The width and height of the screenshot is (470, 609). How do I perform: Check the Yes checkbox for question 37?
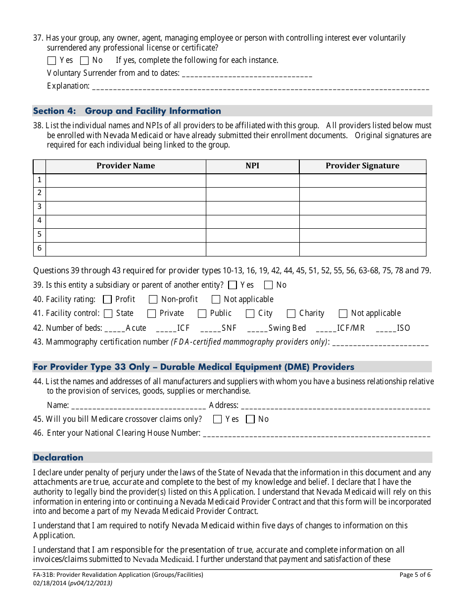(51, 61)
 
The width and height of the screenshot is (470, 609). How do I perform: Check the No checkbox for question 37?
(84, 61)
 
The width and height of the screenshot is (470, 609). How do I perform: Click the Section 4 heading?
(127, 111)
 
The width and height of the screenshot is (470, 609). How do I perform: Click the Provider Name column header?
(126, 166)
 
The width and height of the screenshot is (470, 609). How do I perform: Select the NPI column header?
(252, 166)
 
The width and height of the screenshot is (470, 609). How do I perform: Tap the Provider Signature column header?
(362, 166)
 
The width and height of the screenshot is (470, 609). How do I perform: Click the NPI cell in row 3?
(252, 207)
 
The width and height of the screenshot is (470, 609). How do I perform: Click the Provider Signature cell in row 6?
(362, 249)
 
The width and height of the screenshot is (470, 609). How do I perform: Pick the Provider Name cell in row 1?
(126, 180)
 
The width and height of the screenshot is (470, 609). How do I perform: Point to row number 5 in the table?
(40, 235)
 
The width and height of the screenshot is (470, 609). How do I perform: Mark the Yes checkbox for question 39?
(233, 285)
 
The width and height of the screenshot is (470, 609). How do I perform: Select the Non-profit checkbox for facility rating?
(153, 300)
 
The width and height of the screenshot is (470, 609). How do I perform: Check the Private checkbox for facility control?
(151, 313)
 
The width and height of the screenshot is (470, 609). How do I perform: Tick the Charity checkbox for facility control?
(291, 313)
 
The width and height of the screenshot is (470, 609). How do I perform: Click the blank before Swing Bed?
(257, 328)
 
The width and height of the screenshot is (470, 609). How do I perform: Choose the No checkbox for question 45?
(250, 419)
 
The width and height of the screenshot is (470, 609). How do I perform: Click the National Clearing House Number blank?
(317, 434)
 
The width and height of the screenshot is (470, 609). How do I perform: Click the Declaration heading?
(58, 457)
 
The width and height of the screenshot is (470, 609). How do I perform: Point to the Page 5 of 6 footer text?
(415, 575)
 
